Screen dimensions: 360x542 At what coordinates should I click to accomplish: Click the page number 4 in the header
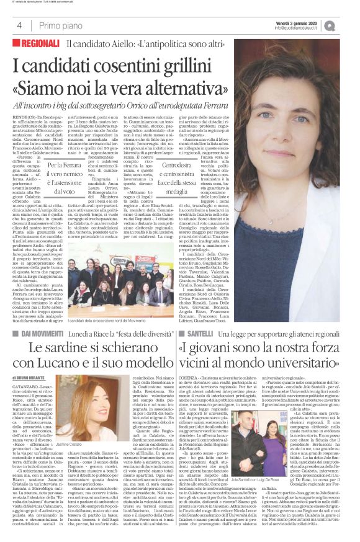pyautogui.click(x=19, y=25)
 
